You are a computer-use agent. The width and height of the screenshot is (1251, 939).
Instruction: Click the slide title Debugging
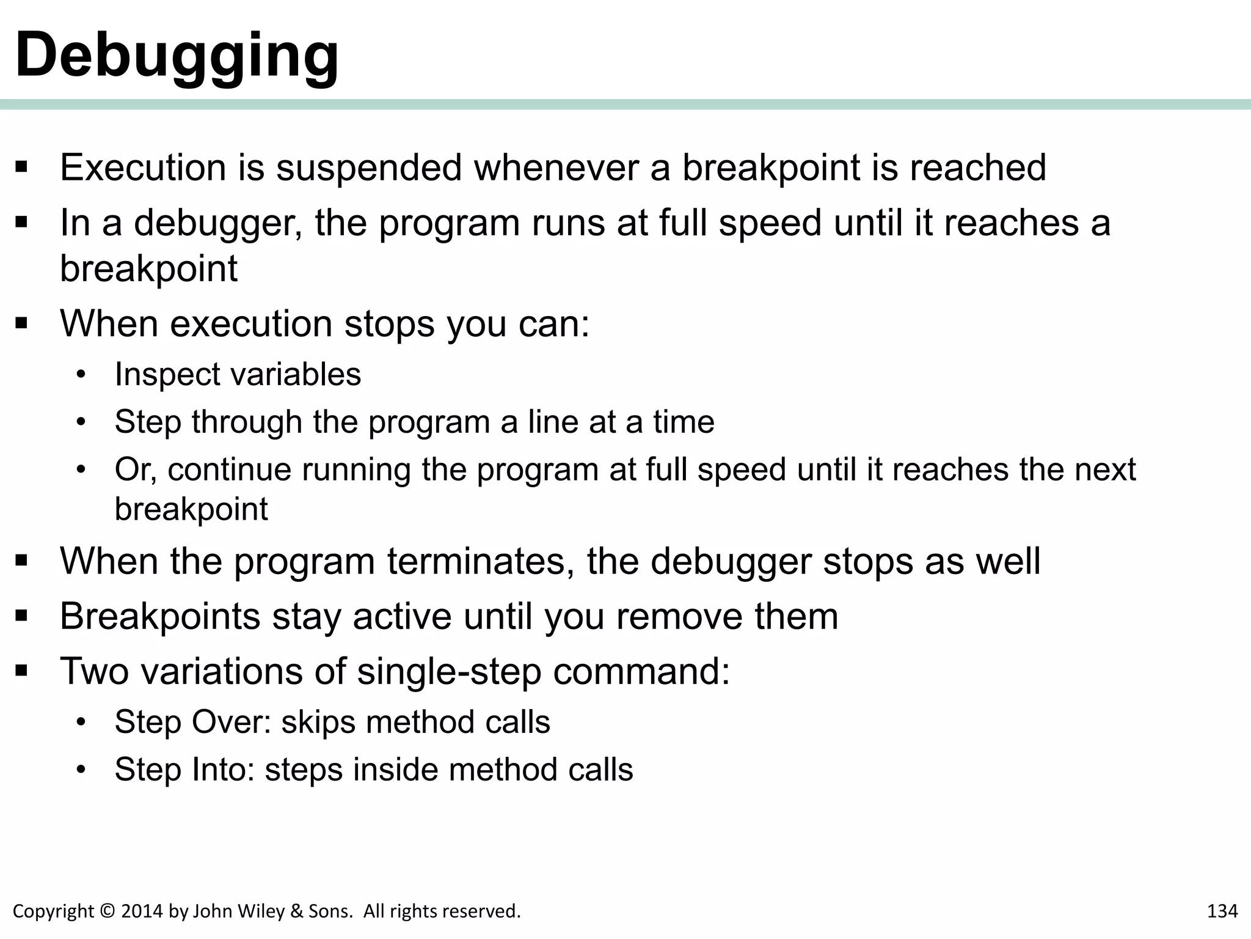[x=177, y=55]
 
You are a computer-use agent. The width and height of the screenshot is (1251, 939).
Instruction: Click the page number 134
[x=1222, y=911]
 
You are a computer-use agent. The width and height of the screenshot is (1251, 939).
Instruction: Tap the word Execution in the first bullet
[x=143, y=168]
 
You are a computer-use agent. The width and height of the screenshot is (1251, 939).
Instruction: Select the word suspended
[x=369, y=168]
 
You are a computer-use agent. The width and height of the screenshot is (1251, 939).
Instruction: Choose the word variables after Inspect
[x=291, y=374]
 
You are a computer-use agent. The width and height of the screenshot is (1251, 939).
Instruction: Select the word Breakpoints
[x=160, y=616]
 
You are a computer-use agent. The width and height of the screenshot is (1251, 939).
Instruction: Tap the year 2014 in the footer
[x=142, y=911]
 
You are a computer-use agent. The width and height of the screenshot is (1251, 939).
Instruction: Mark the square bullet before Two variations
[x=22, y=671]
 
